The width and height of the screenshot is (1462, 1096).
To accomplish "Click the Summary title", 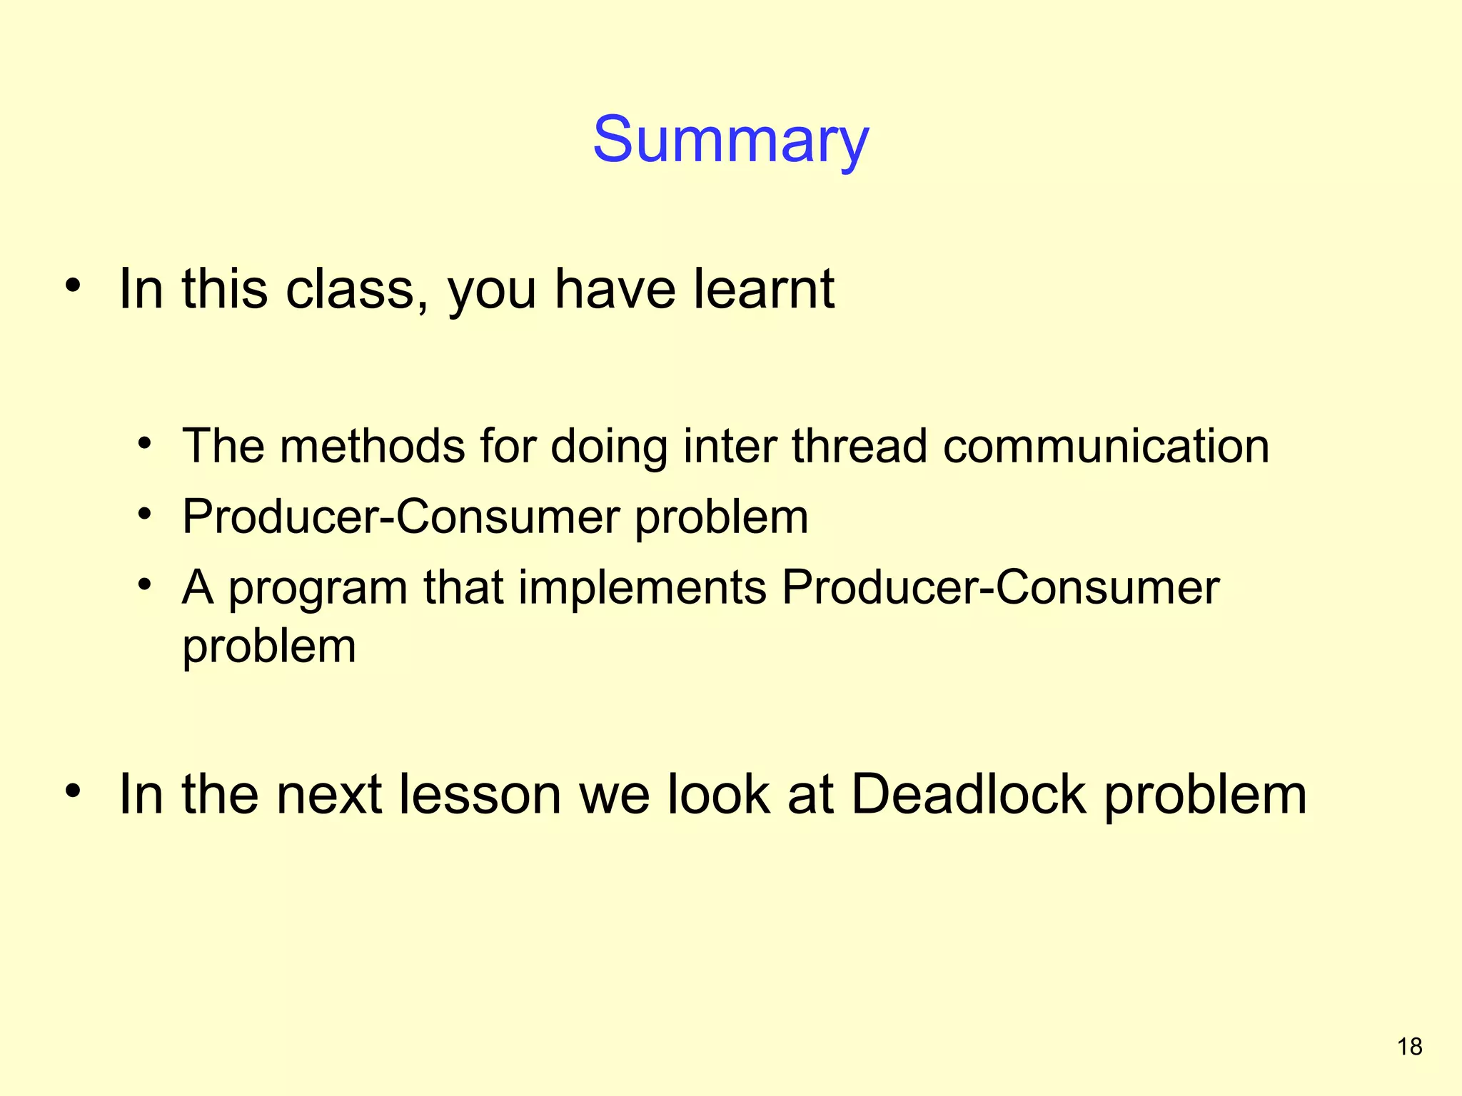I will [730, 140].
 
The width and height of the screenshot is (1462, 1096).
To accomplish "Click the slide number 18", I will [1409, 1047].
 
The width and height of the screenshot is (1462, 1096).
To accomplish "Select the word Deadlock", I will [969, 794].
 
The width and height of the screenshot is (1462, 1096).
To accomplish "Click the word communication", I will [1106, 446].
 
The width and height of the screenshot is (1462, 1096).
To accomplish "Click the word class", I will [350, 289].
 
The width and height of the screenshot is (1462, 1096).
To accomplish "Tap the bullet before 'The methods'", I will [146, 444].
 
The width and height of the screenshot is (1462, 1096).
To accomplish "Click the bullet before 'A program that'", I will [146, 585].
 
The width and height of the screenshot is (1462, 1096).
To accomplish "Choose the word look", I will [717, 794].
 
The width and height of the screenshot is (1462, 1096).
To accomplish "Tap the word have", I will [615, 289].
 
